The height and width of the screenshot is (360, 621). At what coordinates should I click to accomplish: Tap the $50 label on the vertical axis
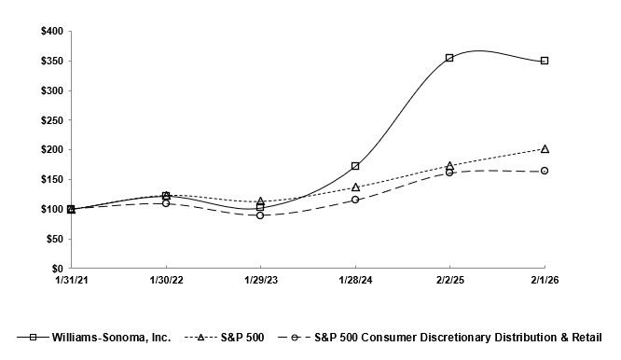[x=53, y=239]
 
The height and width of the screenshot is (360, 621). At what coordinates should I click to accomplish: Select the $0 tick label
[x=57, y=269]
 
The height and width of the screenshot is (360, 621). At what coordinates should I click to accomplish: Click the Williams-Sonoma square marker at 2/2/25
[x=449, y=58]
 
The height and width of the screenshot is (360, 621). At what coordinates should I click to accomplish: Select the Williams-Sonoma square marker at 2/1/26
[x=545, y=61]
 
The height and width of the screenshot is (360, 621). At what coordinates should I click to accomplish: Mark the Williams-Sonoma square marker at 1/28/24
[x=355, y=166]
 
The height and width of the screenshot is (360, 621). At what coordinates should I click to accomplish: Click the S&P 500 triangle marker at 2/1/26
[x=545, y=148]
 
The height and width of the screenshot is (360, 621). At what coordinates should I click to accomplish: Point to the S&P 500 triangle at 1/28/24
[x=355, y=187]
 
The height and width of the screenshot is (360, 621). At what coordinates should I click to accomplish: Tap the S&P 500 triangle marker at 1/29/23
[x=260, y=201]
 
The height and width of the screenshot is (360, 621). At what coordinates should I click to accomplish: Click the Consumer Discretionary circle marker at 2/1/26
[x=545, y=171]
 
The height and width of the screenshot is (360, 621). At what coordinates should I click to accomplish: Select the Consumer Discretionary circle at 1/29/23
[x=260, y=215]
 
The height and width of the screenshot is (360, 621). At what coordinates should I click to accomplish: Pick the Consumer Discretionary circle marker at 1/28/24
[x=355, y=200]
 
